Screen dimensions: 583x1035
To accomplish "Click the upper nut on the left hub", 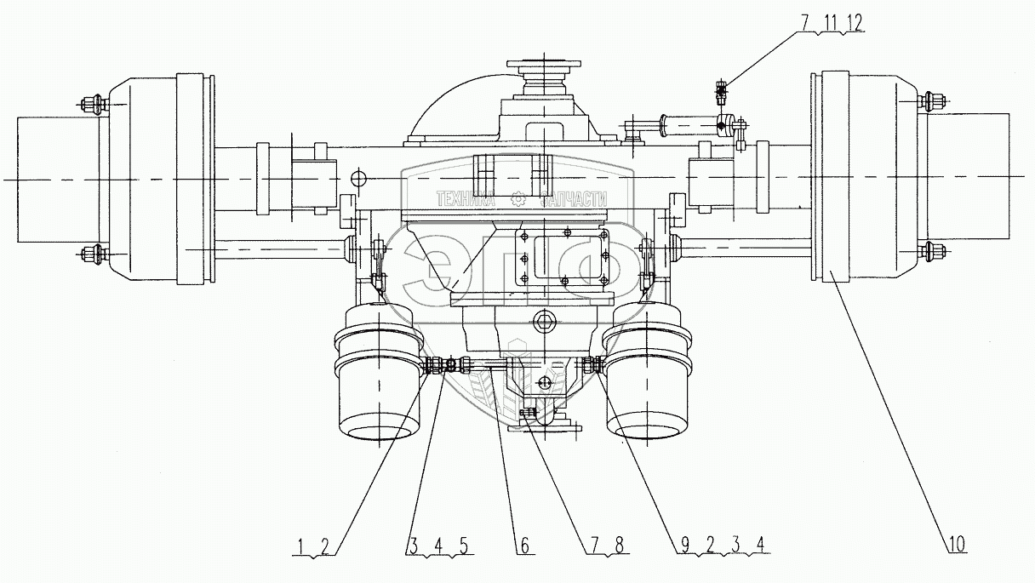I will point(91,106).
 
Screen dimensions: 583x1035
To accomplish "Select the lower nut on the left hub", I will point(91,253).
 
